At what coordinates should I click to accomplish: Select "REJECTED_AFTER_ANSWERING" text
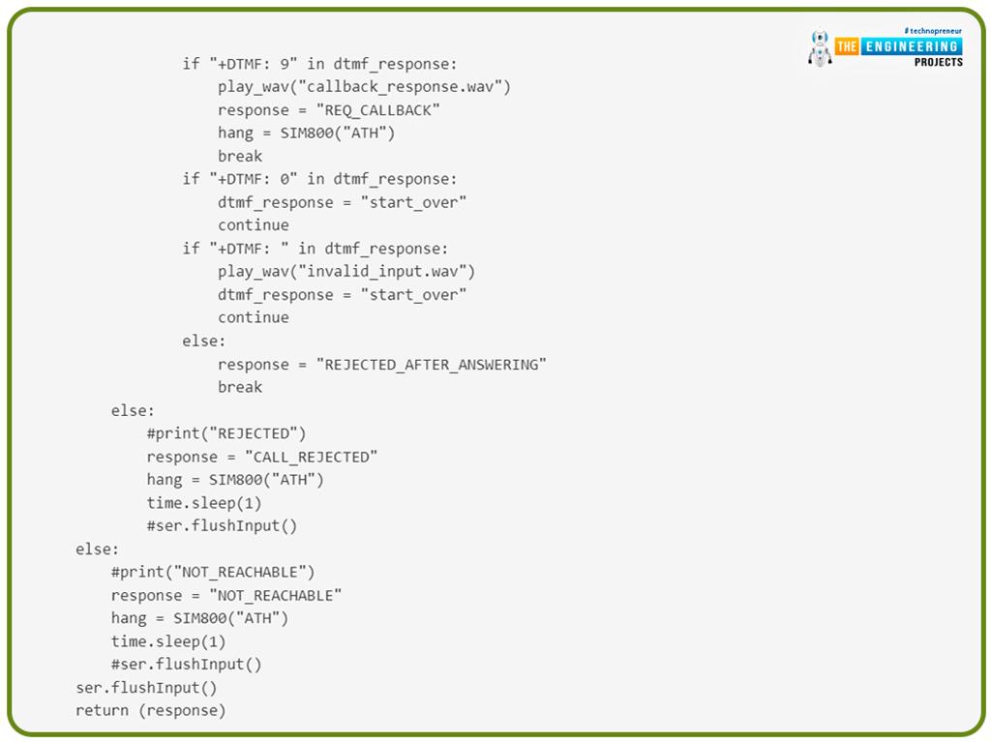click(x=432, y=365)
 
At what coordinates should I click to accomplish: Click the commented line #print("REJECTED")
click(x=226, y=433)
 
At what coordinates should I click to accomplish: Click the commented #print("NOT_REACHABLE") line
click(x=213, y=572)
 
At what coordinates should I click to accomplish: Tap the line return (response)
click(x=150, y=710)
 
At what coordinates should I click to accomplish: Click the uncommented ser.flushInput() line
click(x=146, y=688)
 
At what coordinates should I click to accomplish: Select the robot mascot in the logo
click(x=820, y=48)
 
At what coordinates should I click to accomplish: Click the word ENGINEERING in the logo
click(x=911, y=46)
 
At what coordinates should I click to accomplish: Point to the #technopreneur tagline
click(x=933, y=31)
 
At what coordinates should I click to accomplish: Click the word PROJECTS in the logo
click(x=938, y=62)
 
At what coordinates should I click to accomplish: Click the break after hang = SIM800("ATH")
click(x=240, y=156)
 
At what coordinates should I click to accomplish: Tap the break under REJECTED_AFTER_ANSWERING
click(x=240, y=387)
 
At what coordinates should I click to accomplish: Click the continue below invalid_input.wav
click(x=253, y=317)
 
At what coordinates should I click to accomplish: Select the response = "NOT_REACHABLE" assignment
click(x=226, y=595)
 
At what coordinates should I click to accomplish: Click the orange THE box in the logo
click(x=848, y=46)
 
